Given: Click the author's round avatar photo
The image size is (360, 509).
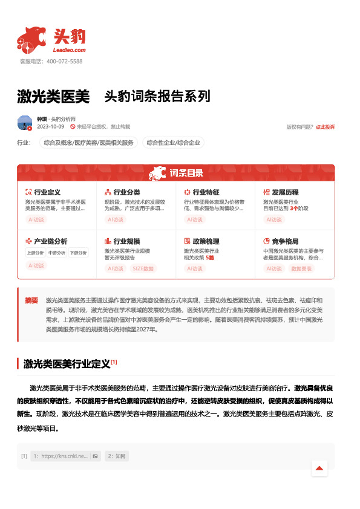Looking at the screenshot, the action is coord(25,123).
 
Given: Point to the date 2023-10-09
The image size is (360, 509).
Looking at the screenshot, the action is coord(50,127).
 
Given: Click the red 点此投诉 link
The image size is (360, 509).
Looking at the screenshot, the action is coord(325,127).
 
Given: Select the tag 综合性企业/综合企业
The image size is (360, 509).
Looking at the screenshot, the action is coord(173,143).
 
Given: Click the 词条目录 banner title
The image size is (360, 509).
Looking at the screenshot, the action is coord(186,173).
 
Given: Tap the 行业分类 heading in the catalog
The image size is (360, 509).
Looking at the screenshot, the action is coord(127,192).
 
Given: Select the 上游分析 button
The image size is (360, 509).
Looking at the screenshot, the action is coord(36,253).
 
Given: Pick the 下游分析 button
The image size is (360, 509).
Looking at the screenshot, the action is coord(77,253).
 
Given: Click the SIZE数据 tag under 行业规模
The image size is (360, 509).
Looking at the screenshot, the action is coord(143,268).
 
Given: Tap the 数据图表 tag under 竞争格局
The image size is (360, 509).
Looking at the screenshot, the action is coord(301,268).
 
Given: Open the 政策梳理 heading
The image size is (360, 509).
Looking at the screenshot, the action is coord(206,241).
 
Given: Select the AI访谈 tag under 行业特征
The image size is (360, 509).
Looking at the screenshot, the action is coord(195,219).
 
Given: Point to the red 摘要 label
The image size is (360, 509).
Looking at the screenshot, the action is coord(31,300).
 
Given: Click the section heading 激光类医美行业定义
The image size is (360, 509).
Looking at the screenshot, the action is coord(67,364).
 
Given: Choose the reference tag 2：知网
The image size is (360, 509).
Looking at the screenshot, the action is coord(117,456).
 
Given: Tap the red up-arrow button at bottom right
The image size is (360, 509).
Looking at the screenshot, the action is coord(319,468).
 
